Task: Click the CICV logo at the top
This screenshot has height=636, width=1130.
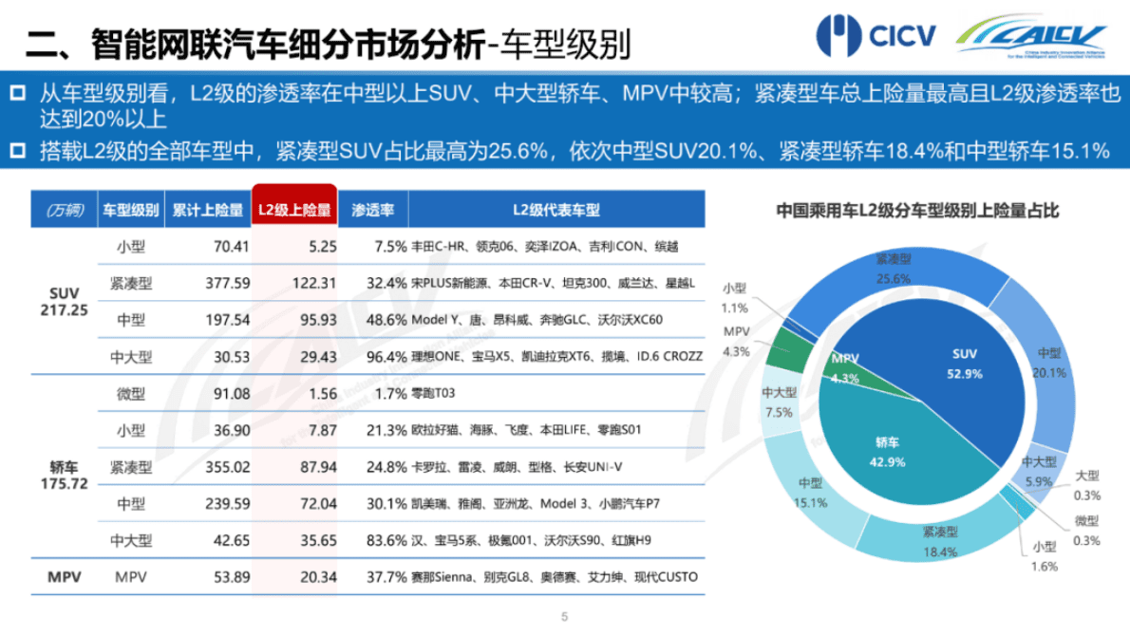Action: click(876, 36)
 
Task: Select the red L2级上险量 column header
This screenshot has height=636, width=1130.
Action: click(294, 210)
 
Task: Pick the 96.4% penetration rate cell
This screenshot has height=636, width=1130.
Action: click(386, 357)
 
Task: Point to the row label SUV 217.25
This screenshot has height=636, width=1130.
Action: click(65, 301)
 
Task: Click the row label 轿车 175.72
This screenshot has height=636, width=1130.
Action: click(65, 475)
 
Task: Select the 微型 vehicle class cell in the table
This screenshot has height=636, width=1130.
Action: click(131, 394)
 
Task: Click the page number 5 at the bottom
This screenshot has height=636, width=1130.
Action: click(564, 616)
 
